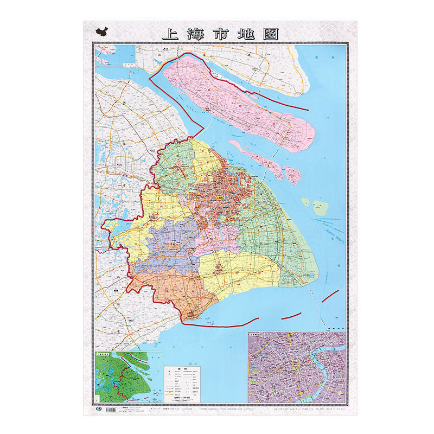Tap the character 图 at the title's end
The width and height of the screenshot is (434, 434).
tap(271, 34)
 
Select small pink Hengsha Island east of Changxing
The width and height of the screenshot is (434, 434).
tap(293, 174)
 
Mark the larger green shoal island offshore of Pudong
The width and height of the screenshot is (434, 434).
tap(320, 206)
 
